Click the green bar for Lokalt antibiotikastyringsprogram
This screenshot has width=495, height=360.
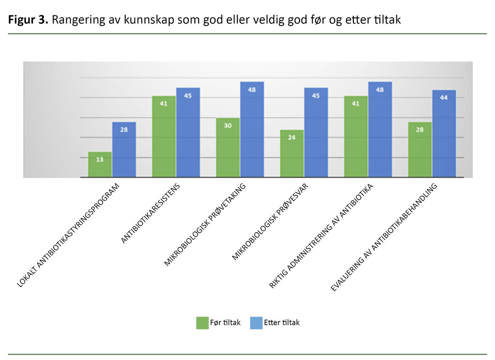click(100, 165)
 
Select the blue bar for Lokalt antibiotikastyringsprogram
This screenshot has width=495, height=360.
click(124, 150)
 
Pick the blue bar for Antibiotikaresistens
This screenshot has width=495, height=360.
click(188, 133)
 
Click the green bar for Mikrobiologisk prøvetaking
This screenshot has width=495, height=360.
click(228, 148)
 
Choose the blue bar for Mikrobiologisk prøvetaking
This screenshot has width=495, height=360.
click(252, 130)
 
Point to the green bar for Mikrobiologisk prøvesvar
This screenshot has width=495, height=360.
click(291, 154)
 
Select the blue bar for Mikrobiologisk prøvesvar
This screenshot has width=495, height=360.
click(316, 133)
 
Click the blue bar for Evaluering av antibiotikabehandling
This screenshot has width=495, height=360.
click(444, 134)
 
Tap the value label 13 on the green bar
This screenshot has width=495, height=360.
click(100, 159)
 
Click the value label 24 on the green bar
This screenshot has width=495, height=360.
click(291, 136)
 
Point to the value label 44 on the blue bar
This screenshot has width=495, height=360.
click(444, 97)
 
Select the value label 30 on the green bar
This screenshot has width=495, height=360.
click(228, 125)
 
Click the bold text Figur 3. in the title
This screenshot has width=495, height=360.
click(28, 20)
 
